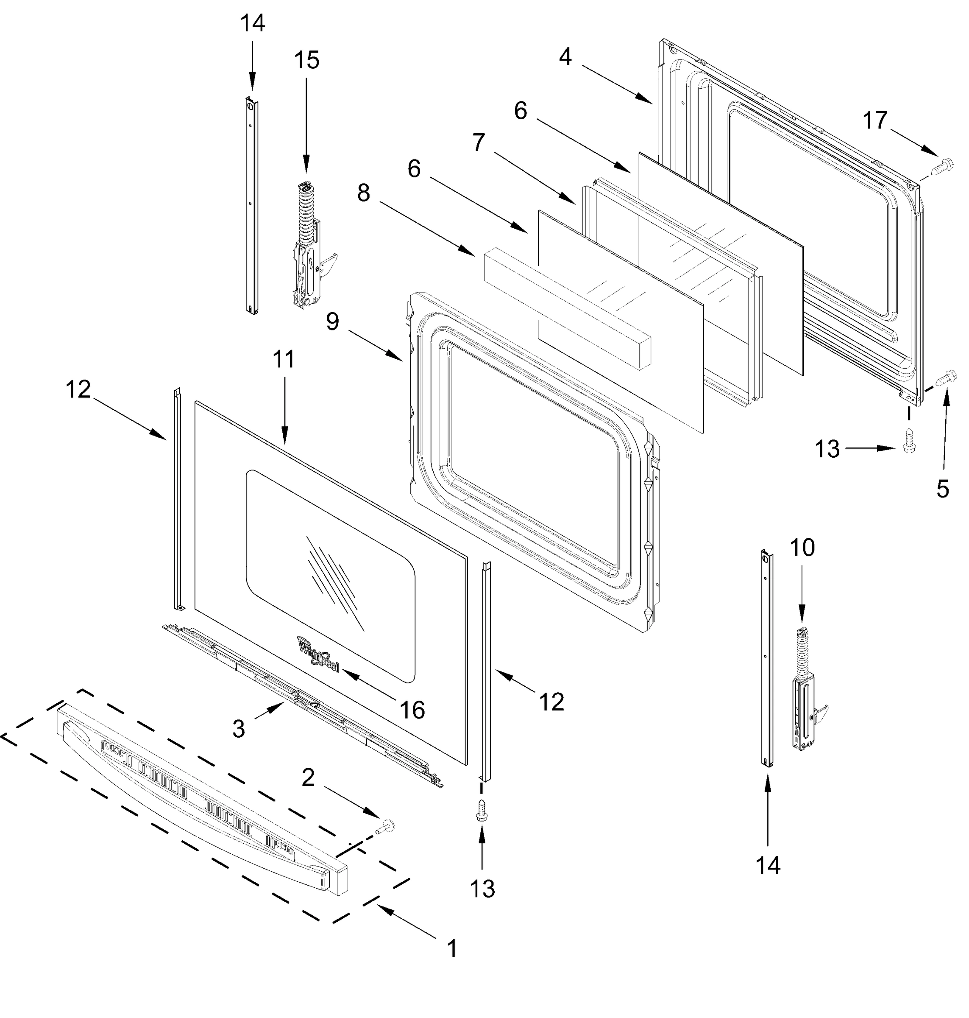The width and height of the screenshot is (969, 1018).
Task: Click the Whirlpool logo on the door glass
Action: pyautogui.click(x=317, y=654)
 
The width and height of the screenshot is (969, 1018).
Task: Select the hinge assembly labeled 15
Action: pyautogui.click(x=309, y=248)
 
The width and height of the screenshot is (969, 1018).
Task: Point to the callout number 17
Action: pyautogui.click(x=875, y=120)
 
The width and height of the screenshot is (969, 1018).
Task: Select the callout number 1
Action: pyautogui.click(x=452, y=949)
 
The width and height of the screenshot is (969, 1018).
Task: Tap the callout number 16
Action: pyautogui.click(x=412, y=710)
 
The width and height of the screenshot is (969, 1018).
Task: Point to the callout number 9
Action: pyautogui.click(x=333, y=322)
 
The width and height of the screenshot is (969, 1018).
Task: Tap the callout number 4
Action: pyautogui.click(x=565, y=56)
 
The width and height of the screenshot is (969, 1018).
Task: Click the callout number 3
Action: pyautogui.click(x=238, y=729)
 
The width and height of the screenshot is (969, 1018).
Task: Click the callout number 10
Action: pyautogui.click(x=802, y=547)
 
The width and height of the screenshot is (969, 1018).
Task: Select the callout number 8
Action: pyautogui.click(x=364, y=193)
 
